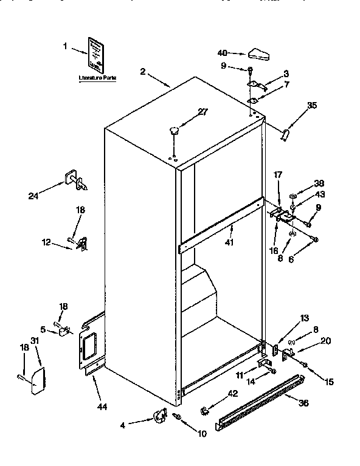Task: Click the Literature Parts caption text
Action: (x=97, y=78)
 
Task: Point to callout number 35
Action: (x=311, y=106)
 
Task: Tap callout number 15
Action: (x=329, y=382)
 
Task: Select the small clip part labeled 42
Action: (x=205, y=411)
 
